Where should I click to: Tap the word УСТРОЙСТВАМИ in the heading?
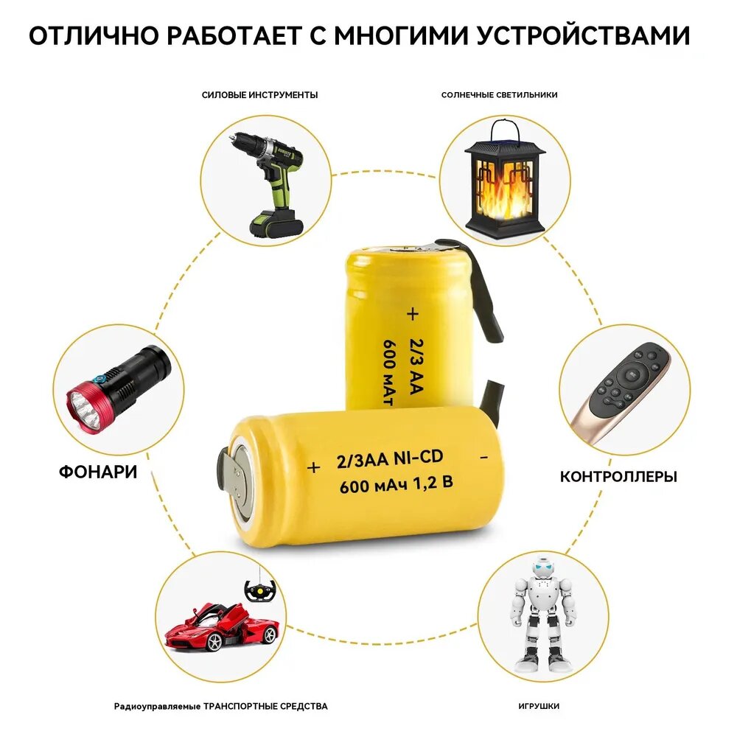coord(583,35)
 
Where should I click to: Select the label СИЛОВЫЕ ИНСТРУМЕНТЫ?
coord(259,95)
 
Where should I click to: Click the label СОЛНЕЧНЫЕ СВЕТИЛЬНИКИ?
coord(499,95)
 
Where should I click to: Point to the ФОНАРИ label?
coord(98,472)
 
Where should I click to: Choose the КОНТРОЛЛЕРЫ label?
coord(618,477)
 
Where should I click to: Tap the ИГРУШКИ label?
coord(539,706)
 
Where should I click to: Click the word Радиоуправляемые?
coord(157,707)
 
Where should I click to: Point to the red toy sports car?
coord(222,626)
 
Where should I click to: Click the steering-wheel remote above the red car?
coord(259,590)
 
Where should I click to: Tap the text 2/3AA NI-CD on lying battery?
coord(390,459)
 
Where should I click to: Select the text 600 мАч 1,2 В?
coord(396,484)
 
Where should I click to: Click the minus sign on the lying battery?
coord(483,457)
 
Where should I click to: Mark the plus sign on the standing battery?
coord(412,313)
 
